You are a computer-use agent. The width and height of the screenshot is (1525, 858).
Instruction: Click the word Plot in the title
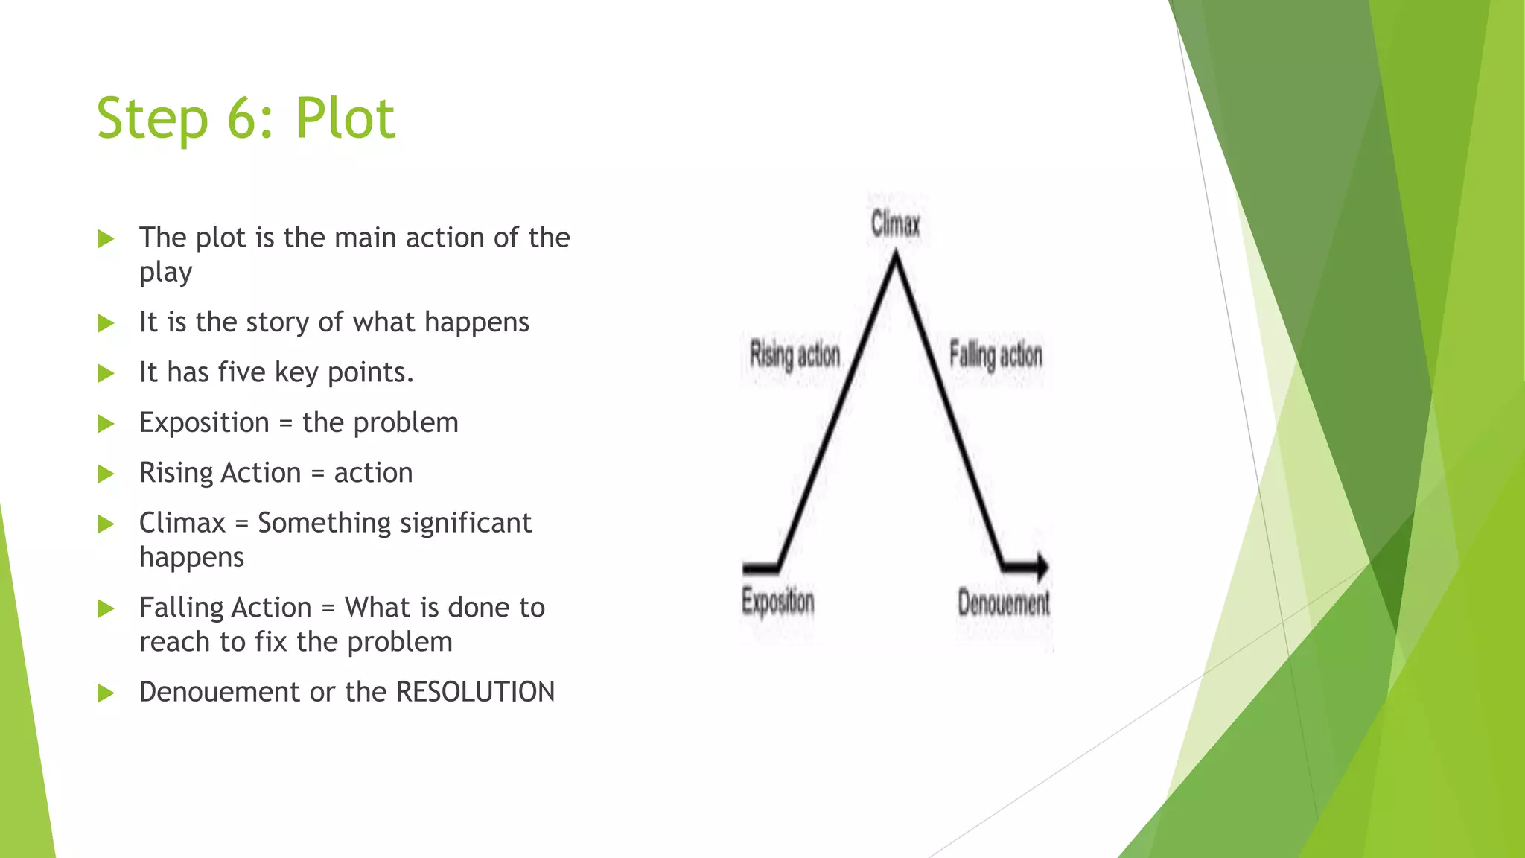pyautogui.click(x=345, y=118)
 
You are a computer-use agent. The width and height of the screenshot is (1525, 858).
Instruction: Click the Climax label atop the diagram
pyautogui.click(x=896, y=223)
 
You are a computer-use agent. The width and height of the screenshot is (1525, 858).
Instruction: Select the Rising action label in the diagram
pyautogui.click(x=795, y=355)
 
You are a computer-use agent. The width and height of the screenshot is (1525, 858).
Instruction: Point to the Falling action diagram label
pyautogui.click(x=996, y=355)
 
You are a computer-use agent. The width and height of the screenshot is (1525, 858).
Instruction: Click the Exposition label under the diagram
pyautogui.click(x=777, y=602)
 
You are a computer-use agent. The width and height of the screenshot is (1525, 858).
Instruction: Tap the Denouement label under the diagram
pyautogui.click(x=1004, y=603)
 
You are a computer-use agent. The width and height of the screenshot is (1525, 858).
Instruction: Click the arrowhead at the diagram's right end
pyautogui.click(x=1042, y=567)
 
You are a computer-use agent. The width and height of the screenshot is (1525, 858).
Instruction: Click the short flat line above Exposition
pyautogui.click(x=760, y=569)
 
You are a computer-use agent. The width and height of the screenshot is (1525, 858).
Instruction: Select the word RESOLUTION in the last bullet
pyautogui.click(x=475, y=692)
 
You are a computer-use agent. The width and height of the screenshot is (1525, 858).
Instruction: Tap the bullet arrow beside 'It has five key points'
pyautogui.click(x=106, y=373)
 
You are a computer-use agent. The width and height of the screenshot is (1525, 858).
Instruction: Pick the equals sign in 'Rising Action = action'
pyautogui.click(x=318, y=474)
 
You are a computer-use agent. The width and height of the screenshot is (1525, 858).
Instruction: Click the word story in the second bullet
pyautogui.click(x=277, y=322)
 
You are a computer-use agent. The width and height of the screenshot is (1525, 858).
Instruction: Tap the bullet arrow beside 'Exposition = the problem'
pyautogui.click(x=106, y=424)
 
